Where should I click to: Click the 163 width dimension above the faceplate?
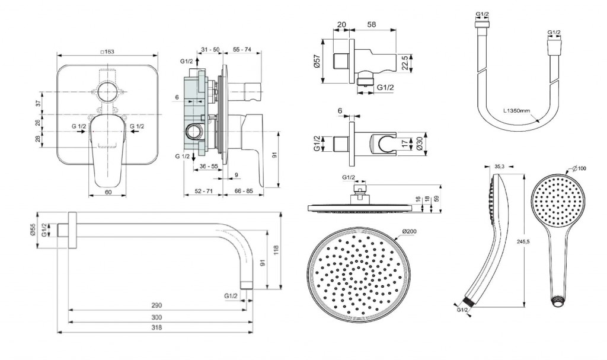tap(107, 52)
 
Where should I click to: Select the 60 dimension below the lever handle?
tap(108, 192)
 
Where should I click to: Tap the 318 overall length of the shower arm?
tap(156, 327)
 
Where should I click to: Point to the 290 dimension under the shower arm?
tap(156, 305)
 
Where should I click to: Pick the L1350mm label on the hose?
tap(516, 110)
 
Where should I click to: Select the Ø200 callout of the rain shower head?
tap(409, 231)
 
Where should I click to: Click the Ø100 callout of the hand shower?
tap(579, 168)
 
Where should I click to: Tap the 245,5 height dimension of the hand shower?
tap(523, 241)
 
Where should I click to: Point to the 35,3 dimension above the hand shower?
tap(499, 167)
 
